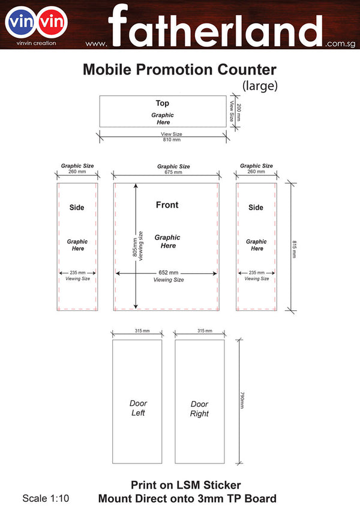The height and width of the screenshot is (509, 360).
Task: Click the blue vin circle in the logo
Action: [x=21, y=22]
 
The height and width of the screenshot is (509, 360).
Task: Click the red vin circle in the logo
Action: [x=52, y=22]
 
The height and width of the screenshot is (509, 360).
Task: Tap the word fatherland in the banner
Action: [x=215, y=26]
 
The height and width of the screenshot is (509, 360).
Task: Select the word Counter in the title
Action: [x=247, y=70]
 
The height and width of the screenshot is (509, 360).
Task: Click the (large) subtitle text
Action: [x=260, y=86]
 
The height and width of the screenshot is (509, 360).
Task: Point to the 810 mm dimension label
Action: [x=172, y=140]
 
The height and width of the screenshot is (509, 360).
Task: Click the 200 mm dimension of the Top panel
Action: [x=239, y=112]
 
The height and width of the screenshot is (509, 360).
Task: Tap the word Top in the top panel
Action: [x=163, y=103]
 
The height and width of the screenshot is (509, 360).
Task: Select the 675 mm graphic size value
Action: [x=173, y=172]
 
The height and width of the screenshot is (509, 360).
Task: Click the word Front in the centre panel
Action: [x=167, y=205]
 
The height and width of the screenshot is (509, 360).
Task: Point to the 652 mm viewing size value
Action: [x=169, y=273]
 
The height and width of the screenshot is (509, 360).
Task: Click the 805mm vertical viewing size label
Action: [x=135, y=247]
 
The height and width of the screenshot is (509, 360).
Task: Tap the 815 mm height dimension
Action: [x=294, y=249]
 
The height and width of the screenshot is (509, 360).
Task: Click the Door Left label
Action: [x=138, y=408]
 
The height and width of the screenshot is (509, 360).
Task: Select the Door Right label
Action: [x=199, y=409]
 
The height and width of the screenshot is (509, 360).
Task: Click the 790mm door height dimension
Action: [x=242, y=400]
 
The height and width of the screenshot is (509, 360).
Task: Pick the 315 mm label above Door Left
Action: [x=142, y=331]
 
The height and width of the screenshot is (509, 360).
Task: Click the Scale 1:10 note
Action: [x=46, y=498]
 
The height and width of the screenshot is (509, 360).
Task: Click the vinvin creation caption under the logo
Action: [x=37, y=43]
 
